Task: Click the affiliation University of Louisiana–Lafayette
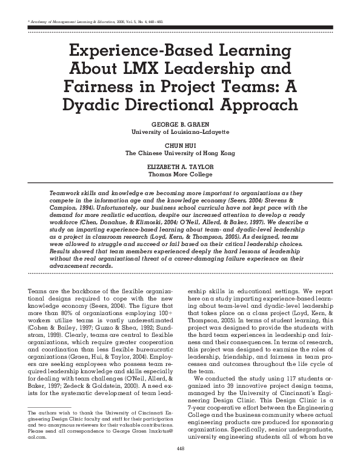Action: [x=180, y=131]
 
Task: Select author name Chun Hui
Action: [x=180, y=145]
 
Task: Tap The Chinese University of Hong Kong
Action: [x=180, y=153]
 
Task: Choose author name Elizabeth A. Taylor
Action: [x=180, y=167]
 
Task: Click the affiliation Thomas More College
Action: [x=180, y=175]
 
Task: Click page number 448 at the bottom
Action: [x=180, y=465]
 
